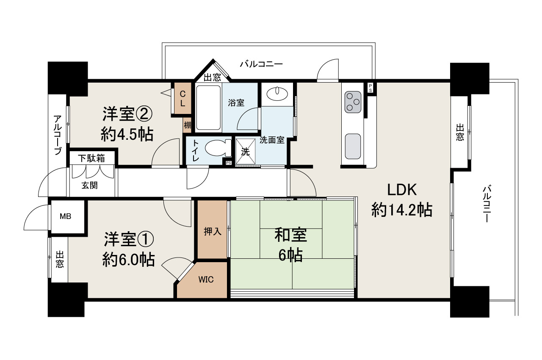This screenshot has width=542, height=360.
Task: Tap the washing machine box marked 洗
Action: (246, 152)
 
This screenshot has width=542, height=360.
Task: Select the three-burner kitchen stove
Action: (353, 102)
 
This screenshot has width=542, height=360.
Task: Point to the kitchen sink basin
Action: (353, 146)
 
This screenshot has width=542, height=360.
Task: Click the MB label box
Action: (65, 216)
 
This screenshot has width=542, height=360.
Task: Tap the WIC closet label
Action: (206, 280)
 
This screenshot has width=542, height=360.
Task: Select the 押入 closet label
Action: (212, 231)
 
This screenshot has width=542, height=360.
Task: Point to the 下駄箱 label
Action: (91, 158)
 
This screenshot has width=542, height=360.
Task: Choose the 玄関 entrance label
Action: (89, 185)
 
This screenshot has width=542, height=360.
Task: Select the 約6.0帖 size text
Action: (129, 260)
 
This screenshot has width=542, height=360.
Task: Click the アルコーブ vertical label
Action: (58, 135)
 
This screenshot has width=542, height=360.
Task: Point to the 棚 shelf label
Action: (187, 125)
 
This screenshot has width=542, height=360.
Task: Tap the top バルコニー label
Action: (261, 64)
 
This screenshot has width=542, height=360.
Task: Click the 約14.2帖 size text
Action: (401, 210)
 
